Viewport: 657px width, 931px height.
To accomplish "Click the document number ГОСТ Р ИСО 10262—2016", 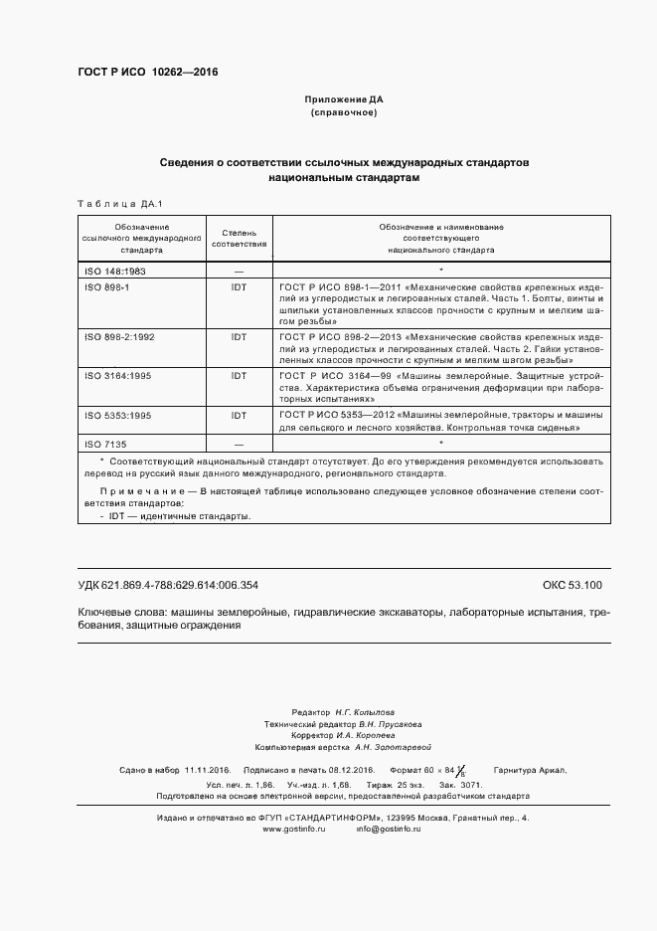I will click(x=147, y=73).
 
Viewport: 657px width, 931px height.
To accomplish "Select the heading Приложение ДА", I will click(x=343, y=100).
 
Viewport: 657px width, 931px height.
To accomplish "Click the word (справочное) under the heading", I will click(x=343, y=113).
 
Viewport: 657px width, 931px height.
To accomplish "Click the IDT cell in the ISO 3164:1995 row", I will click(x=239, y=376).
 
